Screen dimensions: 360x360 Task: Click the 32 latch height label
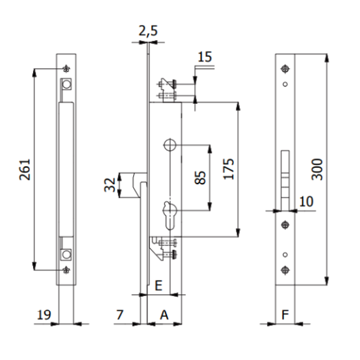point(110,185)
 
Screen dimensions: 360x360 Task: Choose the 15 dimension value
point(204,58)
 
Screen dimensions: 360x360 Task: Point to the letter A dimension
point(164,313)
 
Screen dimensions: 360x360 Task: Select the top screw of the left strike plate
point(66,67)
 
